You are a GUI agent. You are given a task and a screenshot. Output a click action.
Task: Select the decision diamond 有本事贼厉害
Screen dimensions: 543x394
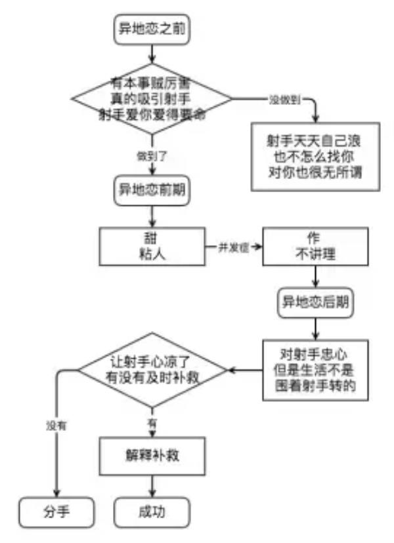[x=152, y=98]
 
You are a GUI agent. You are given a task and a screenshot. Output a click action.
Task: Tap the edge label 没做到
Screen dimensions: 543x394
[x=285, y=99]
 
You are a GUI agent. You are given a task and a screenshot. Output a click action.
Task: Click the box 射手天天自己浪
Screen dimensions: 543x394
[x=315, y=157]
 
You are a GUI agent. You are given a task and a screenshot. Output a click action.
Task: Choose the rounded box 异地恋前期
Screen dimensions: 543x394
[x=152, y=191]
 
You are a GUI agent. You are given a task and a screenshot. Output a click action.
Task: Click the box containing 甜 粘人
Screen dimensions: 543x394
[x=152, y=245]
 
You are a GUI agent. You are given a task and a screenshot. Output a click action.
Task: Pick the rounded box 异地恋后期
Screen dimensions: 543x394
[x=315, y=302]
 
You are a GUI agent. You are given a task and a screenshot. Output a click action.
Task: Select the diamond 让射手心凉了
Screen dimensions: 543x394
[x=152, y=370]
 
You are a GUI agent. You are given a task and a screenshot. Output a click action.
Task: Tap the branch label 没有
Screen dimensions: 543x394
[x=56, y=425]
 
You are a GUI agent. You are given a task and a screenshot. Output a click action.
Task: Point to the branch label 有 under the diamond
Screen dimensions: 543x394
[x=152, y=425]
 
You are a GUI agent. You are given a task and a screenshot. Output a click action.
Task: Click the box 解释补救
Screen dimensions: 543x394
[x=152, y=456]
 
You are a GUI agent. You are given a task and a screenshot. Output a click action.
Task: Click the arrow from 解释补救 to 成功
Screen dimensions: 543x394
[x=152, y=486]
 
